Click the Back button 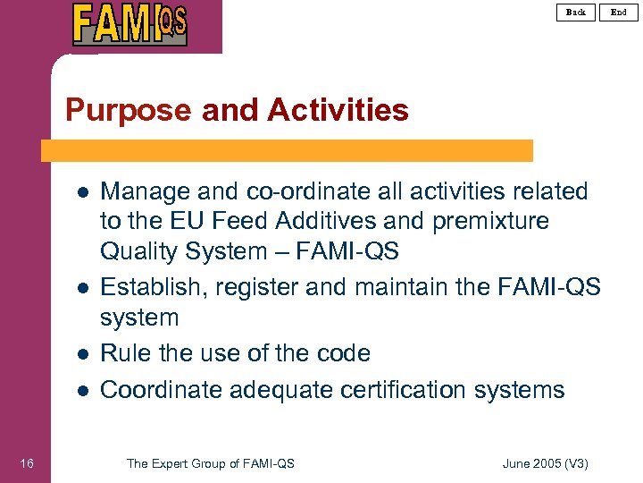576,12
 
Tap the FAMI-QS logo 130,24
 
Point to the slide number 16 27,462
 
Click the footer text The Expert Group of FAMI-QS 211,462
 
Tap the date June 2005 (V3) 546,462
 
